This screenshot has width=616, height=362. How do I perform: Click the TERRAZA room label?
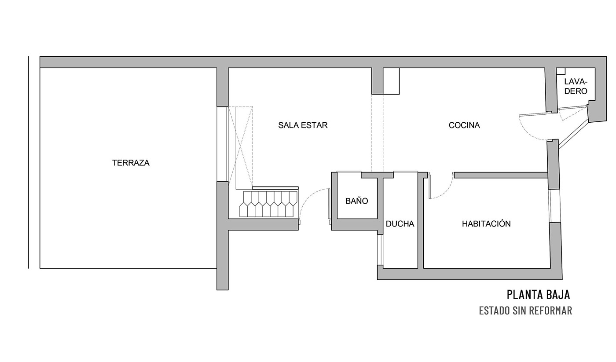131,163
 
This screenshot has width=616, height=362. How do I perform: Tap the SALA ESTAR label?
303,125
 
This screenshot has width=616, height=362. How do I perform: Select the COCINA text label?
464,125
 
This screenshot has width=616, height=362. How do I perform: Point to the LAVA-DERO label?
576,86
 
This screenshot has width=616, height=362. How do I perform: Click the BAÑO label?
357,201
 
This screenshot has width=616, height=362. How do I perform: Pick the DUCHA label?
400,224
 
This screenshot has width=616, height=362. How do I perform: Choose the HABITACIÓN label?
486,223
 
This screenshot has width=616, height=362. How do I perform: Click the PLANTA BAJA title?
538,294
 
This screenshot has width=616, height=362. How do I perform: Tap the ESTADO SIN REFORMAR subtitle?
525,311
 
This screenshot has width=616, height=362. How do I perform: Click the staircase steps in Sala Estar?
268,204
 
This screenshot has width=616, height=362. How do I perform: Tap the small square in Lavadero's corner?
561,71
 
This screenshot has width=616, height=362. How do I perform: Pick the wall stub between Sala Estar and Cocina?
378,81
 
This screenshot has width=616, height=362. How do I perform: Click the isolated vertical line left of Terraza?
28,162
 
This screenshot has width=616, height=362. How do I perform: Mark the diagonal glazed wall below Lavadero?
573,135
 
